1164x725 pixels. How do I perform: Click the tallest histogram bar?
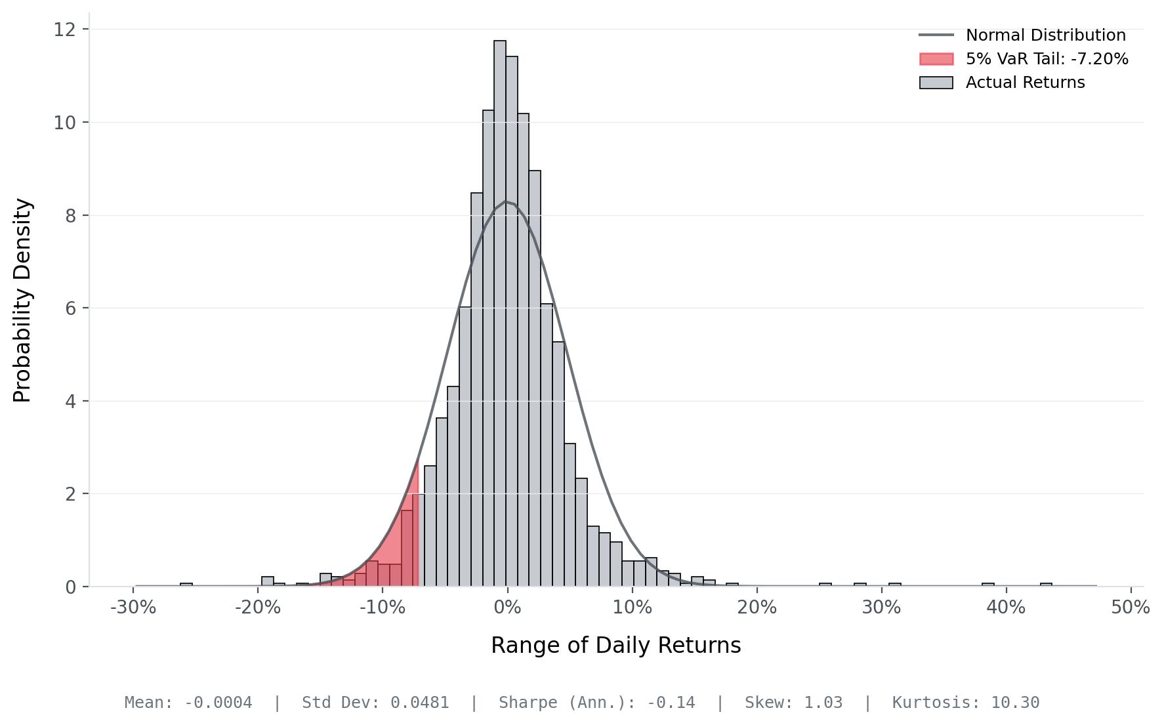tap(500, 313)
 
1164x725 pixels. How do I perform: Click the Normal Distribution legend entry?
tap(1022, 35)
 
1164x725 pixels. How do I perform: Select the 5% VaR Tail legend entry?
tap(1024, 58)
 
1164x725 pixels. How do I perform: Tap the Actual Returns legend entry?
tap(1002, 82)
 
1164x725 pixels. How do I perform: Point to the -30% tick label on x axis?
tap(133, 608)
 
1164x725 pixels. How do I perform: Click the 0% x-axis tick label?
tap(507, 608)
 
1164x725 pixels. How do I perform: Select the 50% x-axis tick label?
tap(1131, 608)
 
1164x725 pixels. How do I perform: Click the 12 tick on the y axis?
tap(64, 30)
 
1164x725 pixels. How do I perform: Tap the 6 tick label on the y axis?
tap(70, 308)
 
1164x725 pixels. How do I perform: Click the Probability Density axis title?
tap(22, 300)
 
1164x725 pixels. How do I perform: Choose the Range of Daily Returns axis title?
tap(616, 646)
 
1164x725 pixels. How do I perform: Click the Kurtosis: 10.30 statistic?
tap(966, 703)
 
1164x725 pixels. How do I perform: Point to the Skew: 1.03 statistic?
tap(793, 703)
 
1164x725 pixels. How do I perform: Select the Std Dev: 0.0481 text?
tap(375, 703)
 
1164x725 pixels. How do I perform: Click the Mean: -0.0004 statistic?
tap(188, 703)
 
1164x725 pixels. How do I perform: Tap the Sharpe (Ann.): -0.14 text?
tap(596, 703)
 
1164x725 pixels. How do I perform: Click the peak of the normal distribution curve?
tap(505, 201)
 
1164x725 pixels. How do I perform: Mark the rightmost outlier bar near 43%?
tap(1046, 585)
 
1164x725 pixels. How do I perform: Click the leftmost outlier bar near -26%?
tap(186, 585)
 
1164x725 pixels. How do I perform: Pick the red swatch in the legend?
tap(936, 59)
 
